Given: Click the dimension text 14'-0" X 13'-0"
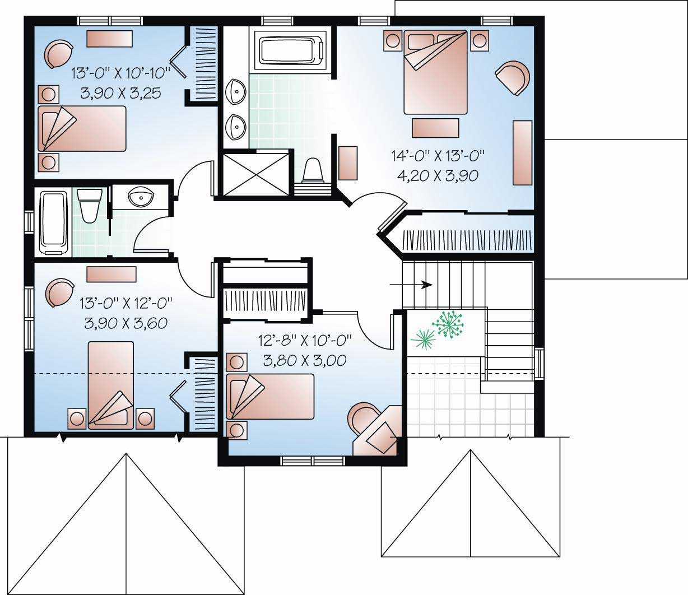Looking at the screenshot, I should [x=436, y=155].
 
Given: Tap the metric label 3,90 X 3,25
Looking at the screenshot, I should [x=121, y=93].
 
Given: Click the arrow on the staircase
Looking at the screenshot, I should [x=411, y=285].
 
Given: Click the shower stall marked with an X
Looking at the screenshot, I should [x=257, y=173].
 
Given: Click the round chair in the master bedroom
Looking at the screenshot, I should [x=512, y=78].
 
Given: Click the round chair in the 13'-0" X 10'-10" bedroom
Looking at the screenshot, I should [x=59, y=53].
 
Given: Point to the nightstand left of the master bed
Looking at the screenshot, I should [x=393, y=40].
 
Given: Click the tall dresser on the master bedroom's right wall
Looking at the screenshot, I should [x=522, y=152].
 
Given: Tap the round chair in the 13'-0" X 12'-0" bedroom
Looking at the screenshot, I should [x=59, y=292].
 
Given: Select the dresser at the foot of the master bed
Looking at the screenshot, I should [x=435, y=128].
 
